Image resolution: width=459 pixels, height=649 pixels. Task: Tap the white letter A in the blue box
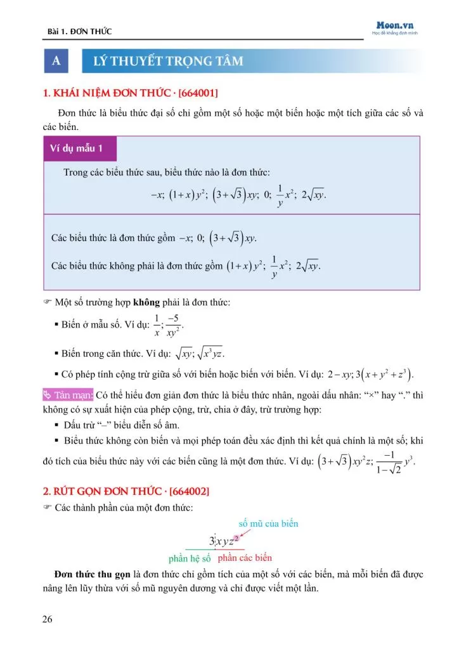click(x=56, y=61)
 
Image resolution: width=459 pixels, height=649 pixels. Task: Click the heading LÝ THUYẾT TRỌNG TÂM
click(x=168, y=61)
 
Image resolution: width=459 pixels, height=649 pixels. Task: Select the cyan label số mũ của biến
click(x=268, y=524)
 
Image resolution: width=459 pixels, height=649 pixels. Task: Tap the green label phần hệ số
click(x=190, y=559)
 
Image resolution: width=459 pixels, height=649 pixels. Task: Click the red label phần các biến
click(x=245, y=558)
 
